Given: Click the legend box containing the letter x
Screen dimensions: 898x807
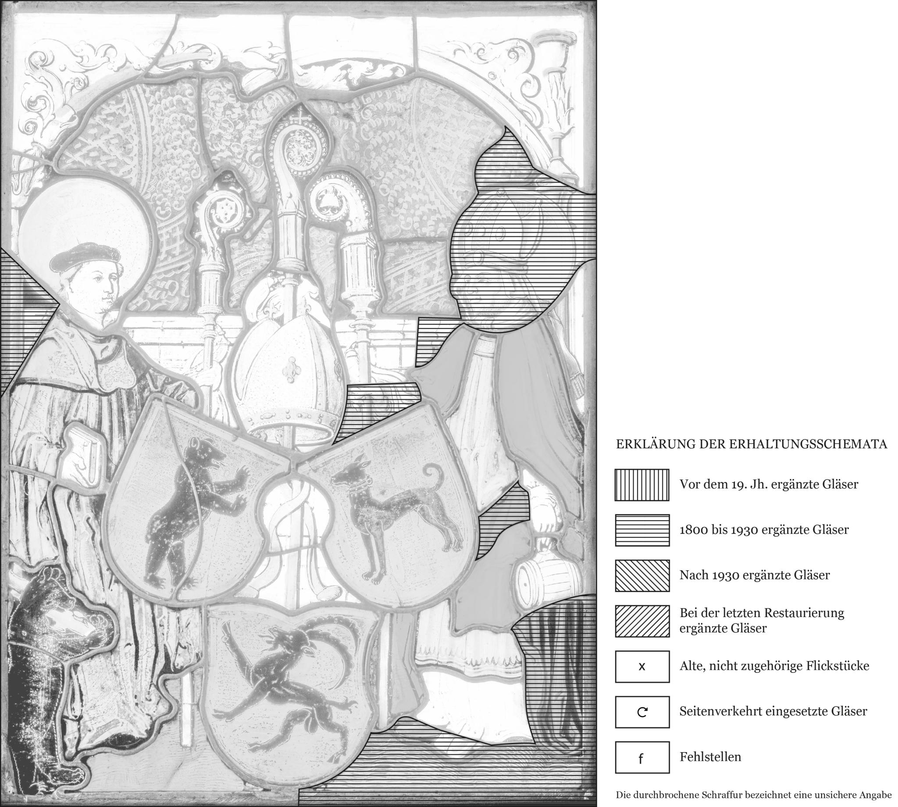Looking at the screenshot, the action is (642, 667).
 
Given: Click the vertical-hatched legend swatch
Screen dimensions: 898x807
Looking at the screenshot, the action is (642, 485).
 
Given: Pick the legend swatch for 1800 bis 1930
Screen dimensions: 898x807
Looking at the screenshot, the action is (642, 530).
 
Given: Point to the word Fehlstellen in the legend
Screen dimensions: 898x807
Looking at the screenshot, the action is (710, 757).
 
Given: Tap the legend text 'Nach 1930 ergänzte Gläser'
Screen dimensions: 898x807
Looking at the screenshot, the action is (754, 575).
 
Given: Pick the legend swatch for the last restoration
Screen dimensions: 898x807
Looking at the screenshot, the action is (642, 621).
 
